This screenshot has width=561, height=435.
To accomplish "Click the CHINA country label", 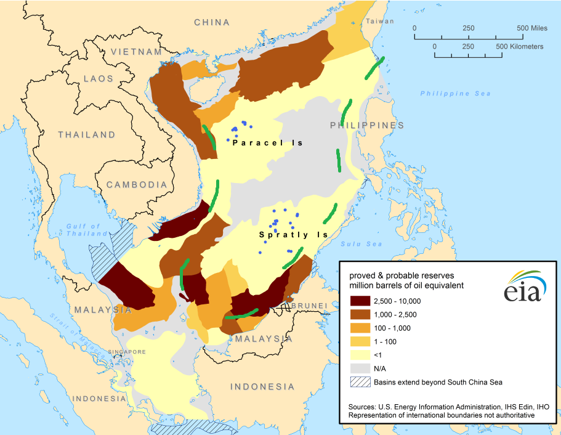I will pyautogui.click(x=212, y=22).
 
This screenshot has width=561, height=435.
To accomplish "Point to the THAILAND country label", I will pyautogui.click(x=87, y=134).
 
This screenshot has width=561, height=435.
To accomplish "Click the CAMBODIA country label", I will pyautogui.click(x=137, y=184).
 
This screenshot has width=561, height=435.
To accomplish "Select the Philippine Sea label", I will pyautogui.click(x=456, y=94).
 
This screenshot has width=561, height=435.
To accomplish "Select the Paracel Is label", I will pyautogui.click(x=268, y=143).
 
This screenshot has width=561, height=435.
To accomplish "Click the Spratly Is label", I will pyautogui.click(x=293, y=235).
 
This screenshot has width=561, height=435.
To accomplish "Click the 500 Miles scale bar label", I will pyautogui.click(x=532, y=28).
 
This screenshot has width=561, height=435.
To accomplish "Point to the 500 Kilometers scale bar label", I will pyautogui.click(x=519, y=46).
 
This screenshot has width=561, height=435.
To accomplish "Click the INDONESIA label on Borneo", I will pyautogui.click(x=262, y=386).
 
